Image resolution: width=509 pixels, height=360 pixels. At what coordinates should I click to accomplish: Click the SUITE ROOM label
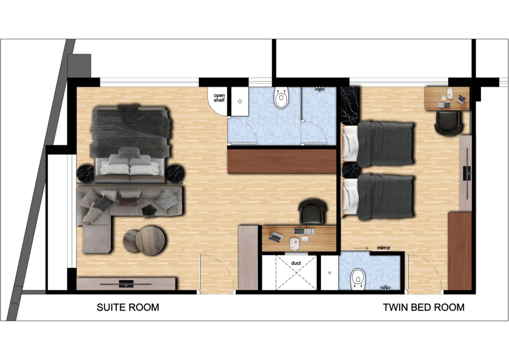pyautogui.click(x=128, y=307)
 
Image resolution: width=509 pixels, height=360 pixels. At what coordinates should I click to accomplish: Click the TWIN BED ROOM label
pyautogui.click(x=424, y=307)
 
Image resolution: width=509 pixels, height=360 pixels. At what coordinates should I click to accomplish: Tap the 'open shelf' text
pyautogui.click(x=219, y=97)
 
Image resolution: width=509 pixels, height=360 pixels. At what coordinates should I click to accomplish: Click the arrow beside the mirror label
pyautogui.click(x=361, y=247)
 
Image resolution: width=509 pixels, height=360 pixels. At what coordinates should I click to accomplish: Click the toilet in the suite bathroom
pyautogui.click(x=281, y=99)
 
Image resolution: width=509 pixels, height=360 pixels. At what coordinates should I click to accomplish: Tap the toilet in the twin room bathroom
pyautogui.click(x=358, y=278)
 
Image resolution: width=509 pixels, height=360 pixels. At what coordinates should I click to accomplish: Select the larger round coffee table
pyautogui.click(x=150, y=240)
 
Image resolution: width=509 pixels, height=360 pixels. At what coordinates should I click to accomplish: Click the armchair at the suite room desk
pyautogui.click(x=313, y=211)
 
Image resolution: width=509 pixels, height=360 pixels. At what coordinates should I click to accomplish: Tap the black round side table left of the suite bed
pyautogui.click(x=86, y=173)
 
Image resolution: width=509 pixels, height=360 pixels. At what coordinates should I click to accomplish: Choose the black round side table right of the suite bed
pyautogui.click(x=174, y=173)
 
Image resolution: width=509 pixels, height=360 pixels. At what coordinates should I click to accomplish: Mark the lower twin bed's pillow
pyautogui.click(x=351, y=194)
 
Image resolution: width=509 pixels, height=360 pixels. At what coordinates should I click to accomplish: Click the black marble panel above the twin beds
pyautogui.click(x=349, y=105)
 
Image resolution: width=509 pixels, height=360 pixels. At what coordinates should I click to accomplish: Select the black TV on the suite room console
pyautogui.click(x=126, y=283)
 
